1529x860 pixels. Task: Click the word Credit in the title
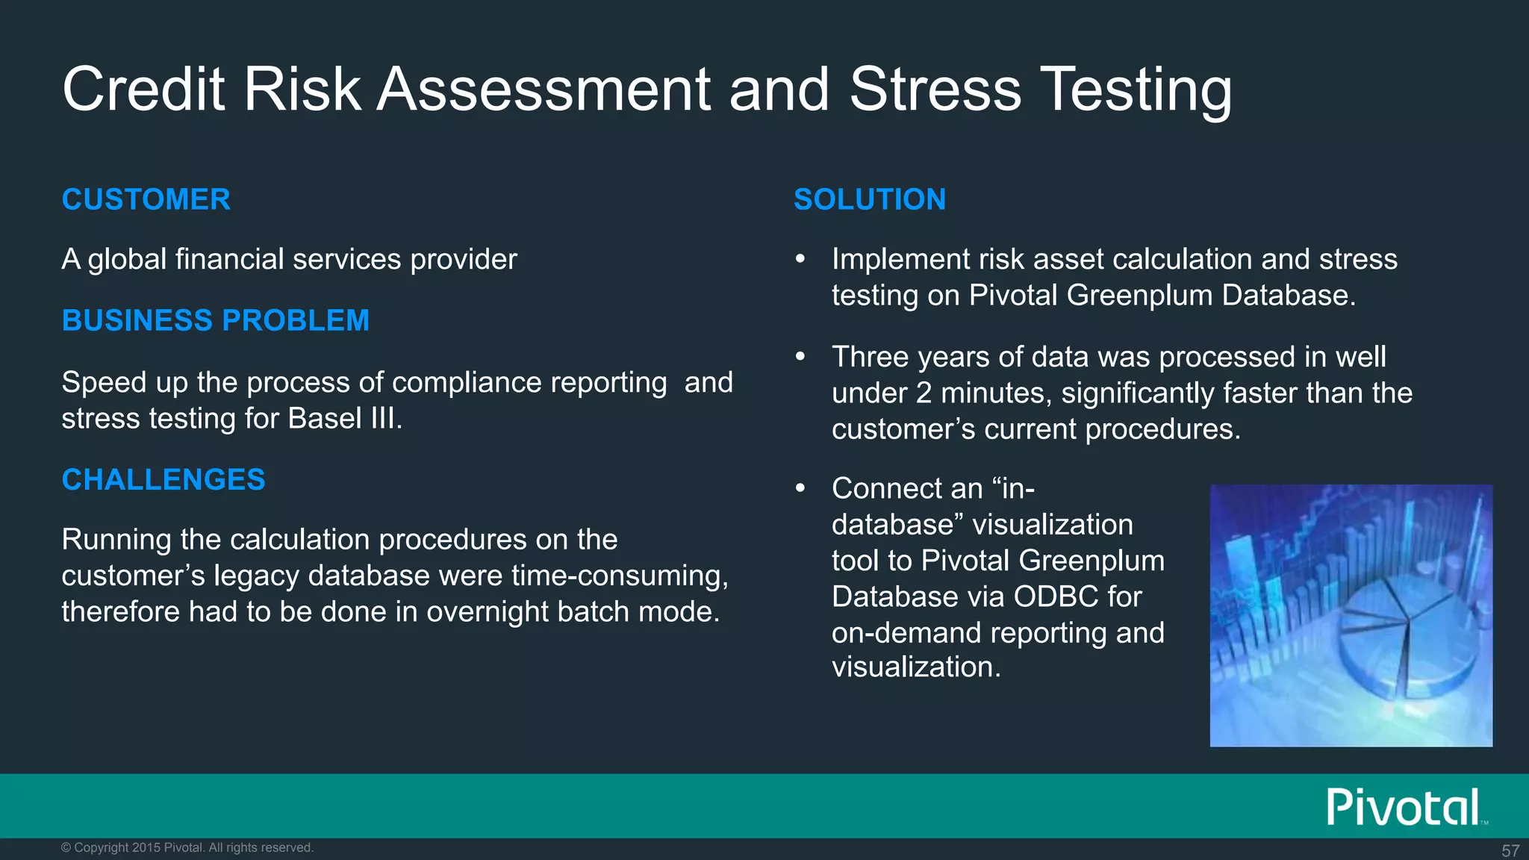143,90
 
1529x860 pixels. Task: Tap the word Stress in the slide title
935,90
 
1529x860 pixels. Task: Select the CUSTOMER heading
146,200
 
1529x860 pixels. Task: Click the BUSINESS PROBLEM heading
215,321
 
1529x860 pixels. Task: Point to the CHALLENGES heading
163,480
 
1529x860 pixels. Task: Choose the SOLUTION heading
869,200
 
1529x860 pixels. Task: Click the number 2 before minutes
924,393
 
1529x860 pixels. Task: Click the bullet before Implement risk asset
800,260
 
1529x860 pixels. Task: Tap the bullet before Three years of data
800,358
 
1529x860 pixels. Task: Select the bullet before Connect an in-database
800,489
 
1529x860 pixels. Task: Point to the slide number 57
1510,851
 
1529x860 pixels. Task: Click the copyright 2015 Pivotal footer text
187,848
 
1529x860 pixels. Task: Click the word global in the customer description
127,260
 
